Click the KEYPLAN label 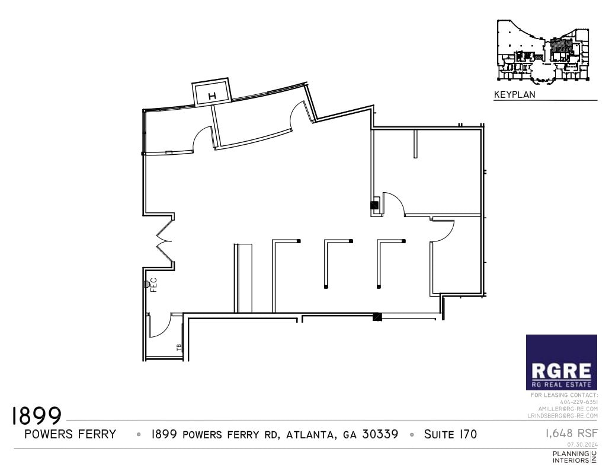(514, 94)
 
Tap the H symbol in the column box (212, 96)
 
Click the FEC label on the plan (153, 284)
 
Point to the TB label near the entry (178, 348)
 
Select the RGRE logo (561, 362)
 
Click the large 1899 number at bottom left (37, 416)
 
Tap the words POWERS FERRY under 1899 (70, 434)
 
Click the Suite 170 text (450, 434)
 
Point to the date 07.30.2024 (582, 444)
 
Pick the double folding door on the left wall (164, 241)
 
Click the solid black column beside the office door (374, 205)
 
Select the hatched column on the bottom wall (377, 317)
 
